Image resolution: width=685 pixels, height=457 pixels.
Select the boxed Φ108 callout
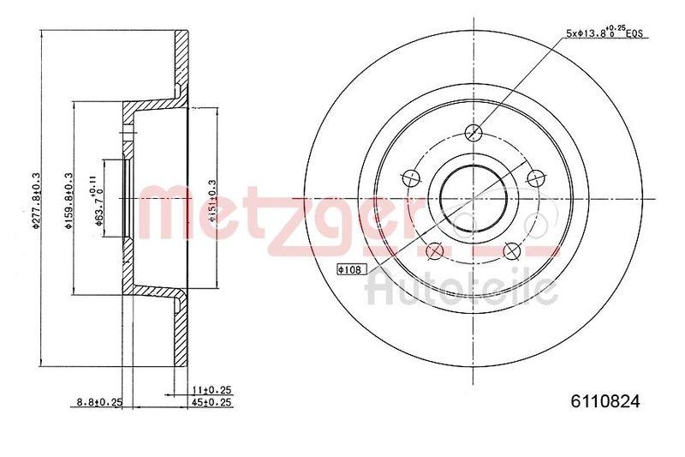pos(351,269)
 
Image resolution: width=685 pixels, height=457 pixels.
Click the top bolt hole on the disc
pos(474,132)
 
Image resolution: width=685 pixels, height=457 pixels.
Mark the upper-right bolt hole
pos(536,177)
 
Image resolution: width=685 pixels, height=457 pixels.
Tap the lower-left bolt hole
pos(435,250)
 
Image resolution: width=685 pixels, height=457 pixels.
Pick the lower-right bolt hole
pos(512,250)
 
